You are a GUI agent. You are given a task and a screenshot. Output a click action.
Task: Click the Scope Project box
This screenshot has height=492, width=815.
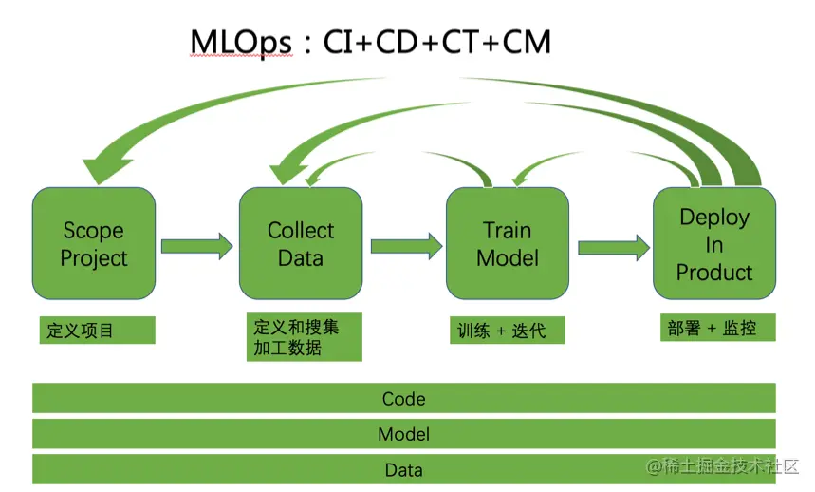(x=93, y=243)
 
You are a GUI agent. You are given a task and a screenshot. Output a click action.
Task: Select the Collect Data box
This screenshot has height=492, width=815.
(x=300, y=243)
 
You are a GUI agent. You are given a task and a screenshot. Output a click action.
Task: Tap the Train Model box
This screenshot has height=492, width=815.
(x=508, y=243)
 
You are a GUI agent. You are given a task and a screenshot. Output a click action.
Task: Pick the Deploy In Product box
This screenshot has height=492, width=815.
(x=713, y=243)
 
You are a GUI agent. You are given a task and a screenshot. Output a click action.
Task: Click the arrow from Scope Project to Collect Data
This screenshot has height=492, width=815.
(x=196, y=246)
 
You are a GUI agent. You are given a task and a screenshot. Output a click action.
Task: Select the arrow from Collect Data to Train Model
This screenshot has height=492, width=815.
(x=405, y=246)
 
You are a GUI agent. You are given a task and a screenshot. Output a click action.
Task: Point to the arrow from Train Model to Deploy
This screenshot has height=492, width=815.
(x=613, y=247)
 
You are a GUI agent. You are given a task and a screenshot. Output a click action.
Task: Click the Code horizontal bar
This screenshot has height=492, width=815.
(x=403, y=399)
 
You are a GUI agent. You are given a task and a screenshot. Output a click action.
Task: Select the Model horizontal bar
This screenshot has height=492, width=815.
(x=403, y=434)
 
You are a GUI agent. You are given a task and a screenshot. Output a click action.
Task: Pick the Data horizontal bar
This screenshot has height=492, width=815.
(x=403, y=469)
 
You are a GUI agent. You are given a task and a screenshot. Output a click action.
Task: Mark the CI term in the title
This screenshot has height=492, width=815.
(x=338, y=43)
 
